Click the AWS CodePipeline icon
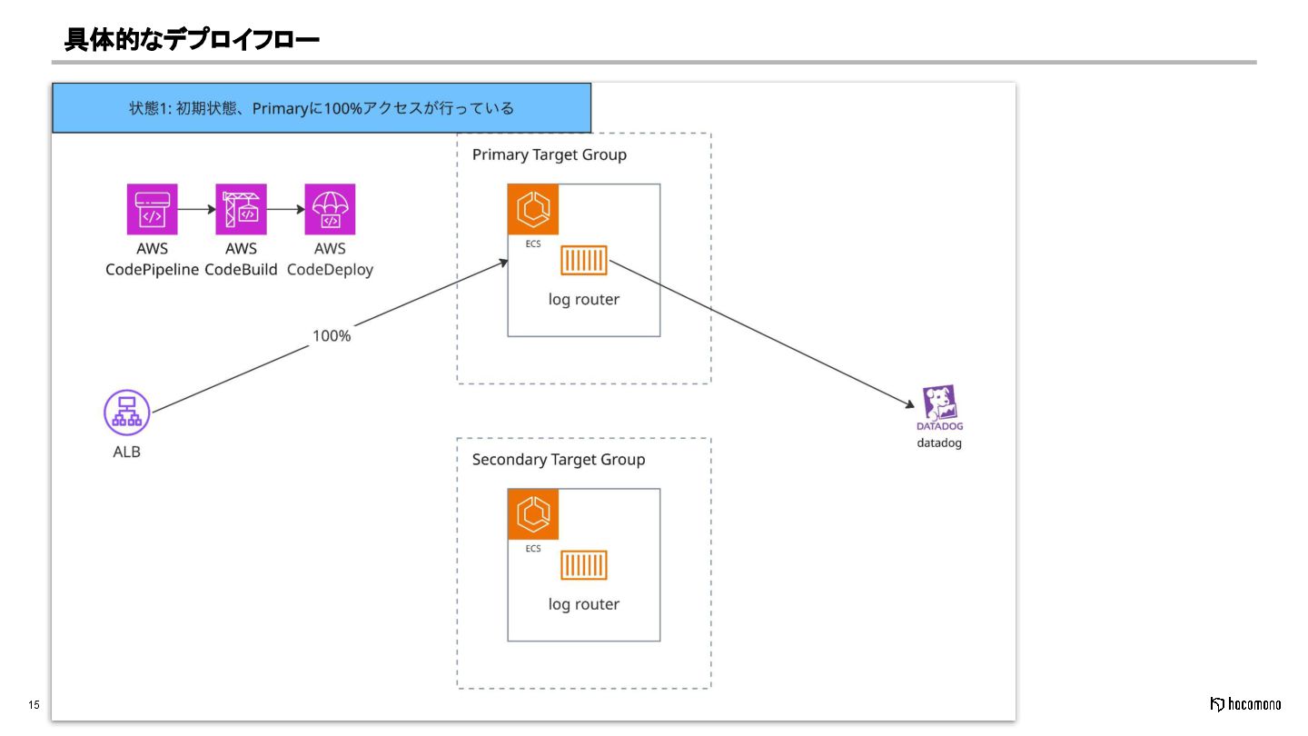tap(153, 209)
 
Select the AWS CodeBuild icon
tap(242, 209)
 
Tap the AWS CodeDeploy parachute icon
tap(330, 209)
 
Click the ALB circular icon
tap(127, 413)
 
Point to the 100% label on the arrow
tap(332, 336)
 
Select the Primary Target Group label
tap(550, 154)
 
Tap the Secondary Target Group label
tap(559, 460)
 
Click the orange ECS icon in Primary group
tap(533, 209)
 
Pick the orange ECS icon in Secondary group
tap(533, 514)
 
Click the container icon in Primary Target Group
tap(584, 261)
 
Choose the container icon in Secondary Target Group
tap(584, 565)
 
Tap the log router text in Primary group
tap(584, 299)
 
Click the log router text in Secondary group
tap(584, 604)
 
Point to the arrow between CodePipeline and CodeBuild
tap(197, 209)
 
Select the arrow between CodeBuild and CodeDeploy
tap(285, 209)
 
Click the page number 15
tap(34, 705)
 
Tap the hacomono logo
tap(1246, 704)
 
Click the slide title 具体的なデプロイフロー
tap(192, 39)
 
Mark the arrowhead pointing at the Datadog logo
tap(910, 403)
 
